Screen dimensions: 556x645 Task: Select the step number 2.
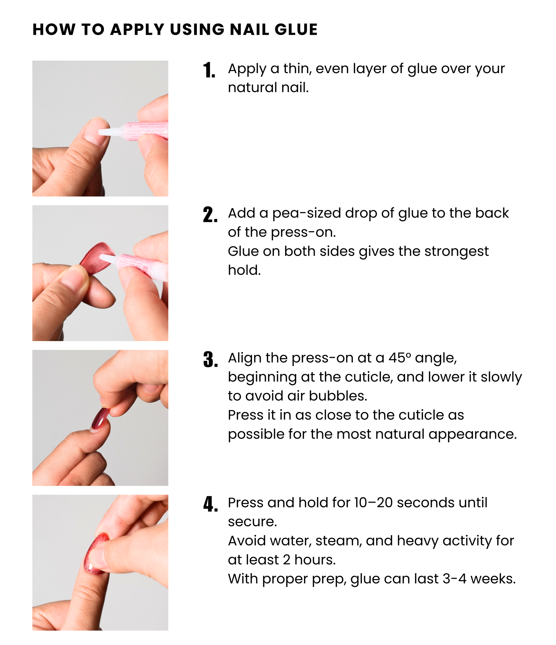(x=210, y=215)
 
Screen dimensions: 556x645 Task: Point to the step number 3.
(x=210, y=359)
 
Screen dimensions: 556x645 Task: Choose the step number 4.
(x=210, y=504)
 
